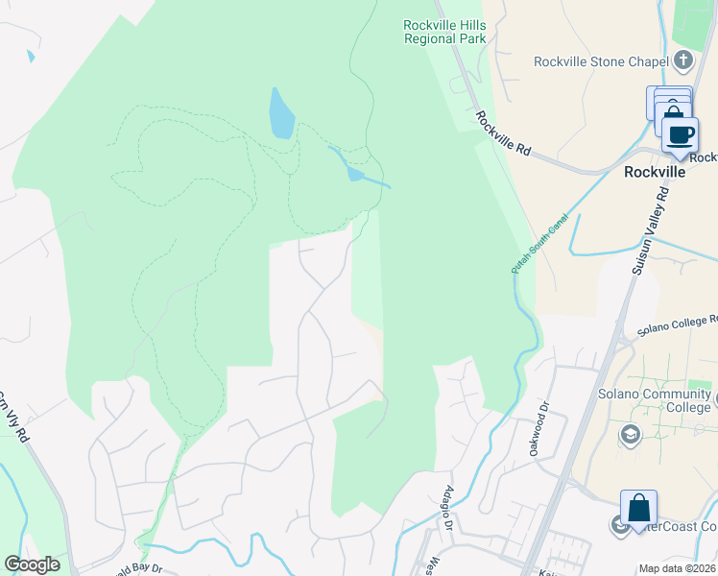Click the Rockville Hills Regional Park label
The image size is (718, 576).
pyautogui.click(x=444, y=32)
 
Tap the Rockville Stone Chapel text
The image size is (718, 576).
pyautogui.click(x=601, y=62)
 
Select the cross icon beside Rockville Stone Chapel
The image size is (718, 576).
pyautogui.click(x=683, y=61)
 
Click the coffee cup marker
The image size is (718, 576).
pyautogui.click(x=680, y=134)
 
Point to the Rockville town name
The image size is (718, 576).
pyautogui.click(x=655, y=173)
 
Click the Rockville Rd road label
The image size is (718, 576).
pyautogui.click(x=503, y=132)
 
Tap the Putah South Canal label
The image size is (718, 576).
pyautogui.click(x=539, y=244)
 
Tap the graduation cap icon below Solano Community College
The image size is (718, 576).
pyautogui.click(x=630, y=435)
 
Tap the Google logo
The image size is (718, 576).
pyautogui.click(x=32, y=564)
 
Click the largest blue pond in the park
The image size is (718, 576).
pyautogui.click(x=281, y=114)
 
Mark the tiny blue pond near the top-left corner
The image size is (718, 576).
pyautogui.click(x=31, y=56)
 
